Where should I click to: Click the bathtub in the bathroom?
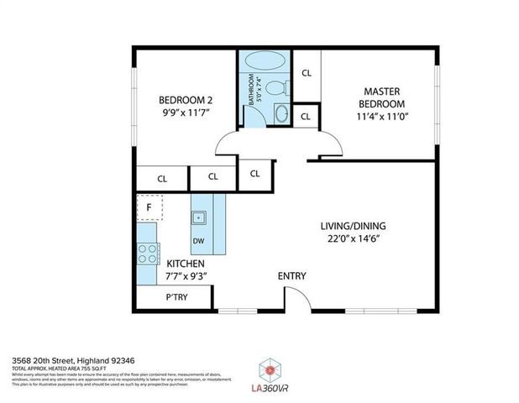pyautogui.click(x=265, y=65)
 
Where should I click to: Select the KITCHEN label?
pyautogui.click(x=186, y=264)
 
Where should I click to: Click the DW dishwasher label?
pyautogui.click(x=198, y=241)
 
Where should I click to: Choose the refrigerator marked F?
pyautogui.click(x=149, y=207)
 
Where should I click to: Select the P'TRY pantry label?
pyautogui.click(x=176, y=298)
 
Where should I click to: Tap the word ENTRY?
pyautogui.click(x=292, y=276)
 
